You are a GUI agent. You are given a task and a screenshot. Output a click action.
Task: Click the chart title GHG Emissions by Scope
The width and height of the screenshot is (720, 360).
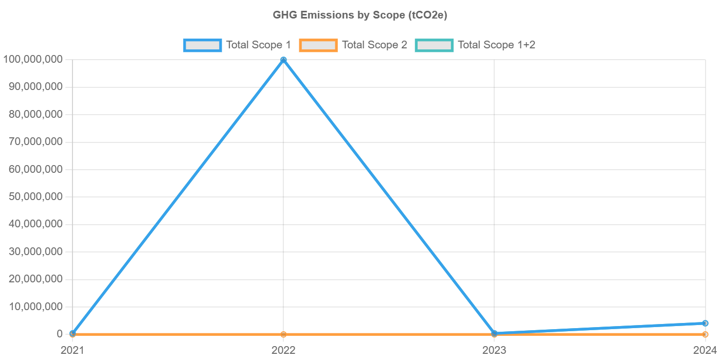click(x=360, y=15)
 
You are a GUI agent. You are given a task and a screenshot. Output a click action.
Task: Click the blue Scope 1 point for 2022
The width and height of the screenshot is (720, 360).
click(x=283, y=60)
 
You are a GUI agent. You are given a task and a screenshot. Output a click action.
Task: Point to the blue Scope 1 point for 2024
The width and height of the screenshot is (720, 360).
click(x=705, y=323)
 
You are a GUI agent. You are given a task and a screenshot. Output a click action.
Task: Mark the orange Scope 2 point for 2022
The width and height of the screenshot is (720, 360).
click(x=283, y=334)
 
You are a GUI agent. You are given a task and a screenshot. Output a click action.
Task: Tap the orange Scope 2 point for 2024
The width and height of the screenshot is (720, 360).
click(x=705, y=334)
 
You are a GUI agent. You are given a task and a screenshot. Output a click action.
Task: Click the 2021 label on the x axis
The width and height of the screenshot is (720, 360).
click(x=73, y=351)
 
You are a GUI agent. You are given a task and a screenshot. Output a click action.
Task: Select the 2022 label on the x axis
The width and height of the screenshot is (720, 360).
click(x=283, y=351)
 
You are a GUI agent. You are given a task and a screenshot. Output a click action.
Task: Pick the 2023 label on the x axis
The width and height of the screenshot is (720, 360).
click(x=494, y=351)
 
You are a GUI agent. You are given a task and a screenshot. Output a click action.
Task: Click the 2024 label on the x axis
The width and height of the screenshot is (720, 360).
click(x=705, y=351)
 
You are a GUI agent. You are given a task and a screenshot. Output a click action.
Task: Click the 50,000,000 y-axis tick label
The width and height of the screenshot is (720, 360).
click(x=36, y=196)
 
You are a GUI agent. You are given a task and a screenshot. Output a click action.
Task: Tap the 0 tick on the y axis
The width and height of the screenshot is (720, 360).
click(x=60, y=334)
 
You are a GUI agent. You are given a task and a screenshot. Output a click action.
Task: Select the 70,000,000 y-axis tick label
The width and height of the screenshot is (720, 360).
click(x=36, y=141)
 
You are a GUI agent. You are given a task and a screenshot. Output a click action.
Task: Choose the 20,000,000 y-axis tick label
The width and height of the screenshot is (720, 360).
click(x=36, y=279)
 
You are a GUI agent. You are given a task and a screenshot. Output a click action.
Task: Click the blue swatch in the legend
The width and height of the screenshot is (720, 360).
click(x=203, y=45)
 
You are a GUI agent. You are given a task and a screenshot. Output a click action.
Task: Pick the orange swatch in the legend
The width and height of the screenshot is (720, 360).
click(x=318, y=45)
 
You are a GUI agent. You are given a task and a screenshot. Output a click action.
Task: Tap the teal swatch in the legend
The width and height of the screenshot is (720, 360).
click(x=435, y=45)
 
